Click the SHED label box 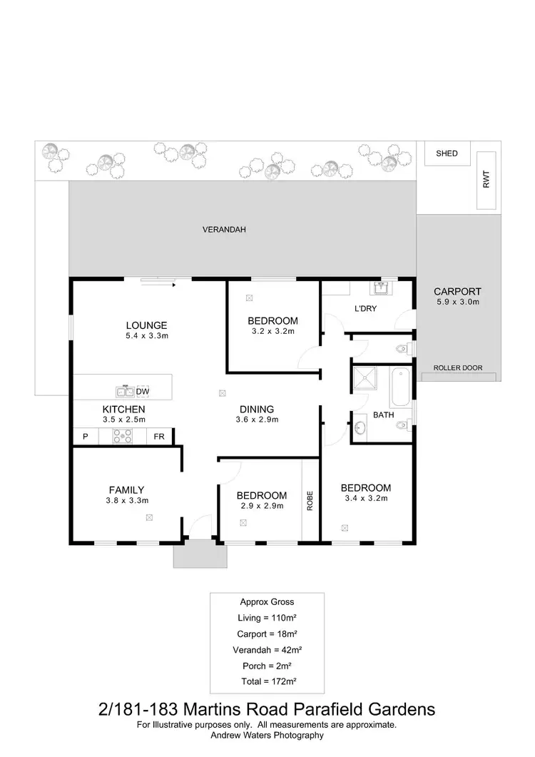pyautogui.click(x=447, y=153)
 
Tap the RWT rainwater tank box pyautogui.click(x=486, y=181)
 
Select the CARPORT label pyautogui.click(x=457, y=291)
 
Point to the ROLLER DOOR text pyautogui.click(x=457, y=368)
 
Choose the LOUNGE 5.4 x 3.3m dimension pyautogui.click(x=148, y=335)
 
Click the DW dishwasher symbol pyautogui.click(x=143, y=392)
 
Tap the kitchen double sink pyautogui.click(x=125, y=392)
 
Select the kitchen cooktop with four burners pyautogui.click(x=122, y=435)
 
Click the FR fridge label pyautogui.click(x=159, y=436)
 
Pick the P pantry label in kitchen pyautogui.click(x=85, y=436)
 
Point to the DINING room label pyautogui.click(x=257, y=409)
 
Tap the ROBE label pyautogui.click(x=310, y=500)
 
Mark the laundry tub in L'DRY pyautogui.click(x=380, y=288)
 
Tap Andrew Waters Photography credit pyautogui.click(x=267, y=735)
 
